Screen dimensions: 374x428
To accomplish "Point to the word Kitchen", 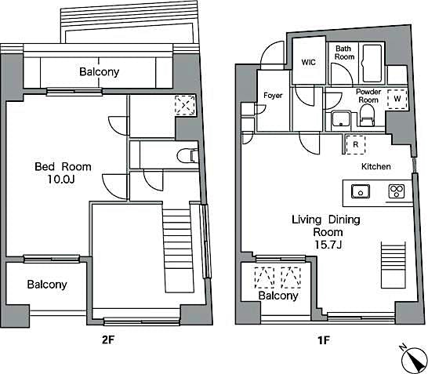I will [x=375, y=167].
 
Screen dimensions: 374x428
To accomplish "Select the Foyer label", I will [x=272, y=96].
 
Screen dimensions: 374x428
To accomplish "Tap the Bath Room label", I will [x=344, y=53].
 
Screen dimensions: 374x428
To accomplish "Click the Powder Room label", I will [x=368, y=96].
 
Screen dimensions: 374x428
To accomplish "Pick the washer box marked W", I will [x=397, y=99].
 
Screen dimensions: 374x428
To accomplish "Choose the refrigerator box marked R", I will [x=355, y=145].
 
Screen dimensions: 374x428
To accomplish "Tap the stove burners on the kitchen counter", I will [x=396, y=191].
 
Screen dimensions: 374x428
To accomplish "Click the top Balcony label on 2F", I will [x=99, y=72].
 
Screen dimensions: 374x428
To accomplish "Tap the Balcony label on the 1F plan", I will [x=278, y=296].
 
